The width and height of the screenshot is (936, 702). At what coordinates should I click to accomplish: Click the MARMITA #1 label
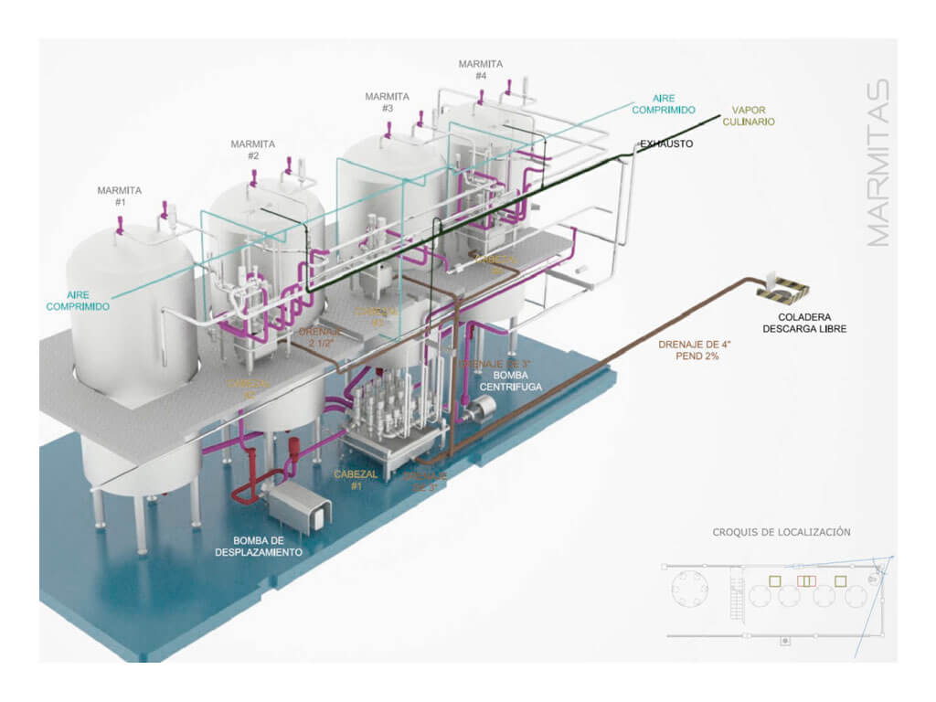pos(120,196)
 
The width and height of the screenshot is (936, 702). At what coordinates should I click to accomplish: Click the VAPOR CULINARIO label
pos(749,116)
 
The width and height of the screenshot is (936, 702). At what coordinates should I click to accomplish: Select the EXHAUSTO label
pos(666,144)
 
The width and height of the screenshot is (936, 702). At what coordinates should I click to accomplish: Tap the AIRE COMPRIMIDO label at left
pos(78,301)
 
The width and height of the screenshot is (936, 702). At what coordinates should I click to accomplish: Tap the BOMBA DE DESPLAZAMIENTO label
pos(259,546)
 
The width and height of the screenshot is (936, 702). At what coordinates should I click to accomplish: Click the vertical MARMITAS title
pos(877,165)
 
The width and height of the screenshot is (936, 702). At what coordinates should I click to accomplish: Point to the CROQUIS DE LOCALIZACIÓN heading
pos(782,531)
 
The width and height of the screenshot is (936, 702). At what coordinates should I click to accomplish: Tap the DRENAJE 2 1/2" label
pos(319,339)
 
